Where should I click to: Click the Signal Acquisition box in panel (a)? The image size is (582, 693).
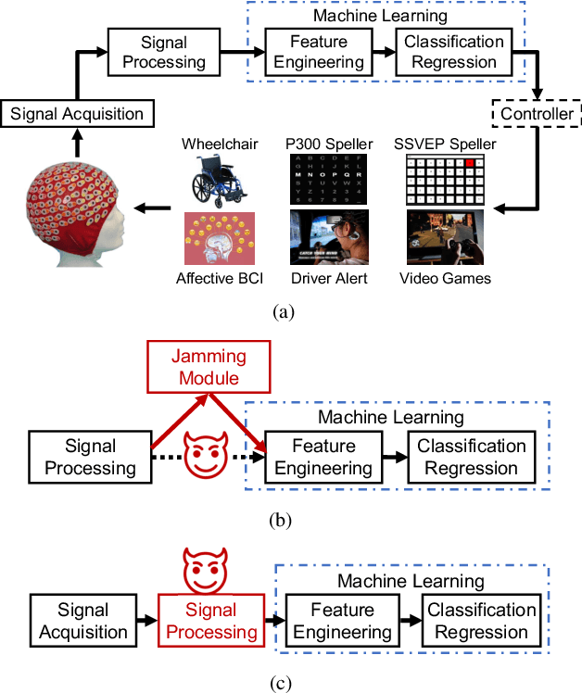click(77, 114)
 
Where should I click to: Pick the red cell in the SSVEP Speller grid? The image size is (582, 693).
click(470, 163)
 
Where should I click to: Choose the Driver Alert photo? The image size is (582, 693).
click(328, 238)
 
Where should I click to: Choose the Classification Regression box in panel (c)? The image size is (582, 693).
click(481, 622)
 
